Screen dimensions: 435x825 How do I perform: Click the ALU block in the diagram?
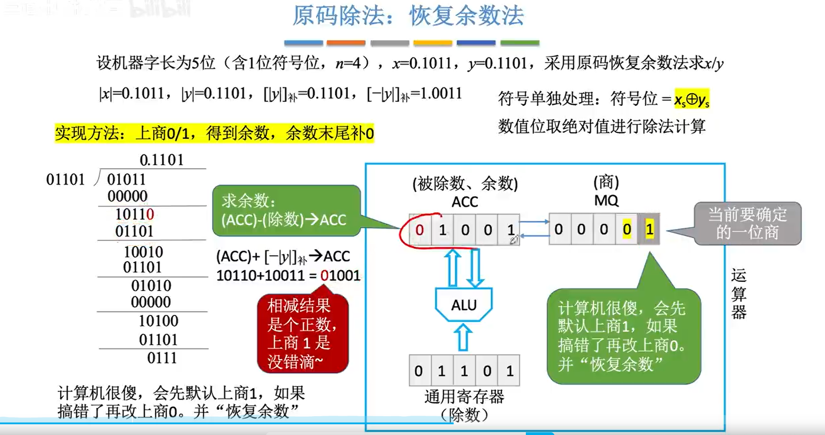click(464, 305)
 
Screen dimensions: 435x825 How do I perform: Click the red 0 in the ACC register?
click(419, 230)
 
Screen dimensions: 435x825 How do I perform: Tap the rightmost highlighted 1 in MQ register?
click(650, 229)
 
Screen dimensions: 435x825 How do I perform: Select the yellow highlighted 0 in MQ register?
click(627, 229)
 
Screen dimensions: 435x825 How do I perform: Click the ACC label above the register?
click(465, 202)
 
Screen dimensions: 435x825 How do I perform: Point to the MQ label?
click(606, 200)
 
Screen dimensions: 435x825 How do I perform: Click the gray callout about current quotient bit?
click(747, 224)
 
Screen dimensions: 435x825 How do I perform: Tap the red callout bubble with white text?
click(302, 334)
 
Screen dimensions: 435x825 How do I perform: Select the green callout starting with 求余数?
click(286, 211)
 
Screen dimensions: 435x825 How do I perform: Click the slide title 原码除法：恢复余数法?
click(408, 16)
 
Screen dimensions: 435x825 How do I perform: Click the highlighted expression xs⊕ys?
click(692, 99)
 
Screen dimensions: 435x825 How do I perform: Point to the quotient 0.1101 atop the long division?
click(161, 160)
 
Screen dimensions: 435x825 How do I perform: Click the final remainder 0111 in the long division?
click(162, 358)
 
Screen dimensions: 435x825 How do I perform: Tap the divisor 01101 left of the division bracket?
click(65, 180)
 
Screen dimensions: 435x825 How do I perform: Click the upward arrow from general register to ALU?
click(463, 338)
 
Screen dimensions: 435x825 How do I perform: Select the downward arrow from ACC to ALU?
click(475, 267)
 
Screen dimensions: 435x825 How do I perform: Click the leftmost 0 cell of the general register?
click(419, 371)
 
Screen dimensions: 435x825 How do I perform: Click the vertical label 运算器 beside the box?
click(739, 293)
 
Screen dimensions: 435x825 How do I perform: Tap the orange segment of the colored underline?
click(346, 43)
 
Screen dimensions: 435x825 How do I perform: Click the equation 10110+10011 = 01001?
click(288, 275)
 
